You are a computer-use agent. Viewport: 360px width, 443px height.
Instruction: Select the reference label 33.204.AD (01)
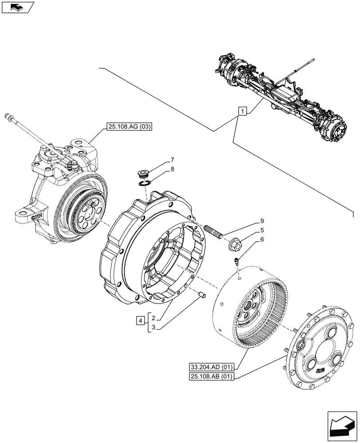211,367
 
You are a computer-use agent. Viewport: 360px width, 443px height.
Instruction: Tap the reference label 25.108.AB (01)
211,377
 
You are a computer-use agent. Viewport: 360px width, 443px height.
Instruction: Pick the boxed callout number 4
140,322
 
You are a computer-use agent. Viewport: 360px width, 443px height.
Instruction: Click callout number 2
153,318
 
